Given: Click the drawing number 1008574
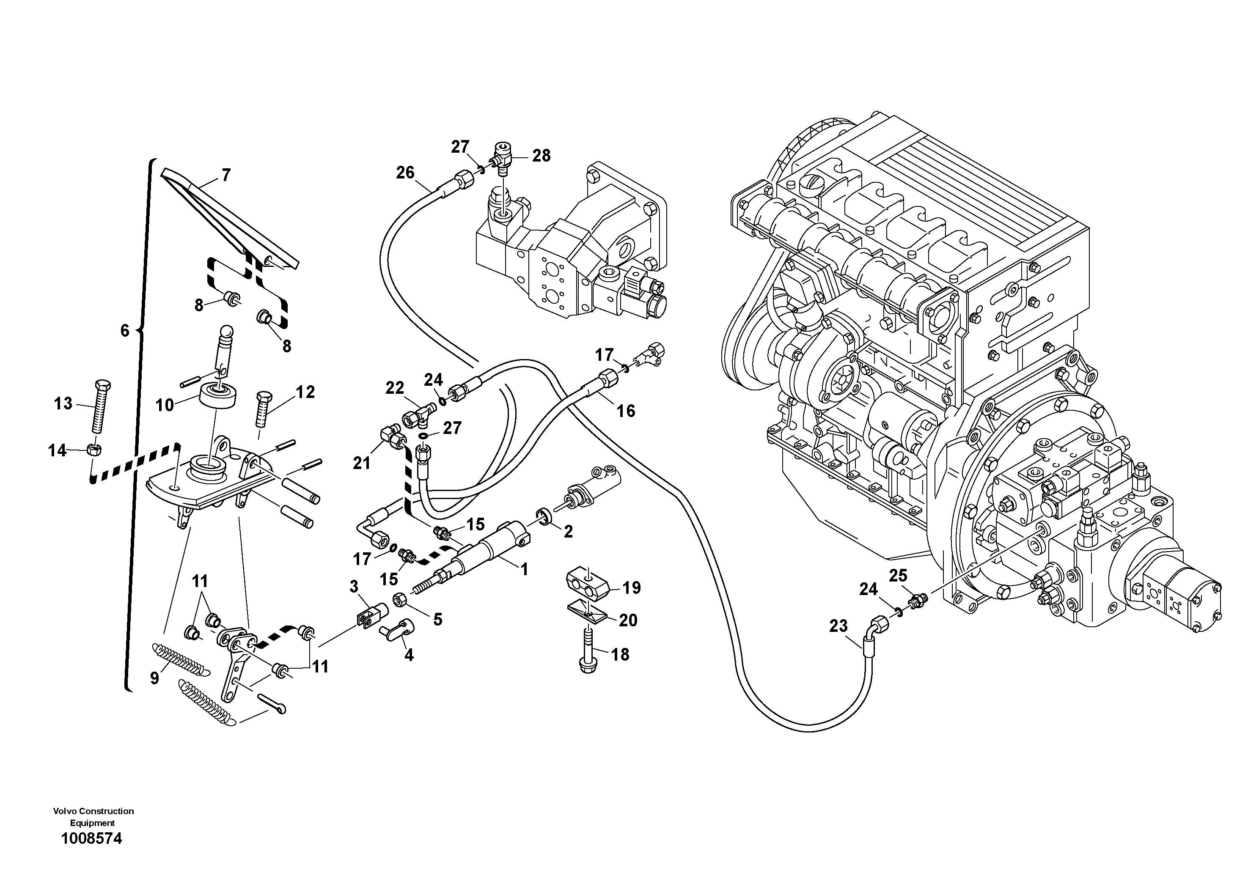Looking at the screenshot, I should click(91, 839).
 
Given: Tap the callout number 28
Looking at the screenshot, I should click(541, 156).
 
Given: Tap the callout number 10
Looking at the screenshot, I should click(164, 405).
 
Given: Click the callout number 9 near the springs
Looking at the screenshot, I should click(155, 678).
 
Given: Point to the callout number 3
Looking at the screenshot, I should click(354, 587).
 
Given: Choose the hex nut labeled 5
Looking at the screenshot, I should click(400, 600).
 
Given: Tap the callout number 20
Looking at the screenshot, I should click(628, 620).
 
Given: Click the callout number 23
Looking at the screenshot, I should click(838, 626).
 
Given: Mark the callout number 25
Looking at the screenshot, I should click(898, 576).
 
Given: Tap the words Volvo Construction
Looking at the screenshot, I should click(93, 811).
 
